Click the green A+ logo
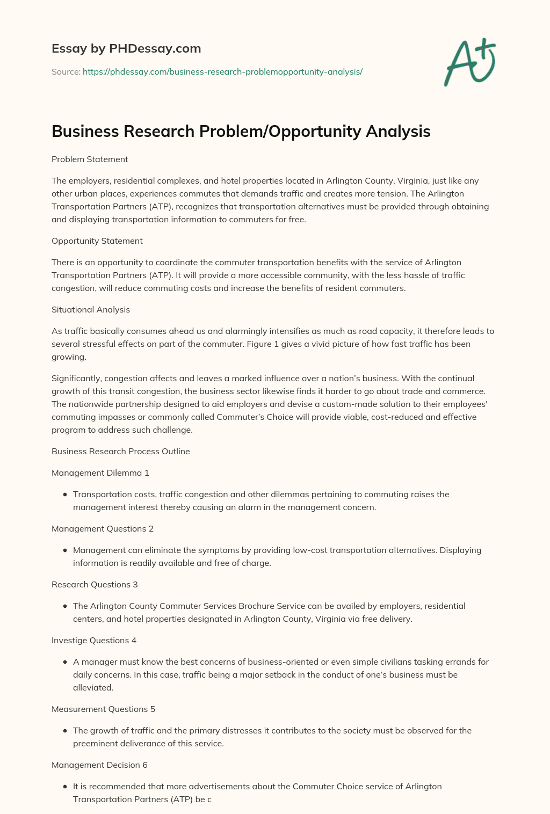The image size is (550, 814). coord(469,62)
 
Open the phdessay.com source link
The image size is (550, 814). coord(222,71)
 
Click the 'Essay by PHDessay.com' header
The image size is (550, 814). coord(126,48)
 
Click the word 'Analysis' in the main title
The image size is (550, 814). coord(398,132)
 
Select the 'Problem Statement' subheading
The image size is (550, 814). coord(90,159)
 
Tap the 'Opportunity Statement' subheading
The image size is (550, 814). coord(97,241)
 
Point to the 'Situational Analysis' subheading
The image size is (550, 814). coord(91,309)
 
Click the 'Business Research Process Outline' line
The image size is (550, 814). coord(121,451)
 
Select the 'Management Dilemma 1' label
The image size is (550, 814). coord(100,473)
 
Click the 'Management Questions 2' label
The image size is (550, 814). coord(103,528)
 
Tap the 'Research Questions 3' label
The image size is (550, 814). coord(95,584)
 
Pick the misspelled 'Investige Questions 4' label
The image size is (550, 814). coord(94,640)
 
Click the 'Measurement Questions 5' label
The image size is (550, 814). coord(103,709)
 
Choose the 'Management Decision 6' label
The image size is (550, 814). coord(99,765)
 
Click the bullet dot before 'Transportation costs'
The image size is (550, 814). coord(65,495)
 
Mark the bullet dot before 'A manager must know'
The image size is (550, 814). coord(65,662)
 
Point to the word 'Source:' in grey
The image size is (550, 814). coord(66,71)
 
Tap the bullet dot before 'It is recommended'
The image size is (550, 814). coord(65,787)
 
